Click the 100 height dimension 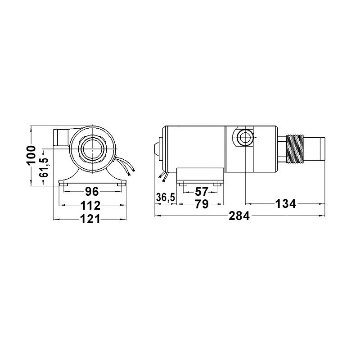tap(31, 155)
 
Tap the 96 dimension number tap(92, 192)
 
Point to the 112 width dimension tap(90, 205)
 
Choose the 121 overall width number tap(90, 219)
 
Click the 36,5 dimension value tap(166, 197)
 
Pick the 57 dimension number tap(201, 192)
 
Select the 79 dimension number tap(201, 204)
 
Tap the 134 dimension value tap(285, 204)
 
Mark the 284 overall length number tap(239, 216)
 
